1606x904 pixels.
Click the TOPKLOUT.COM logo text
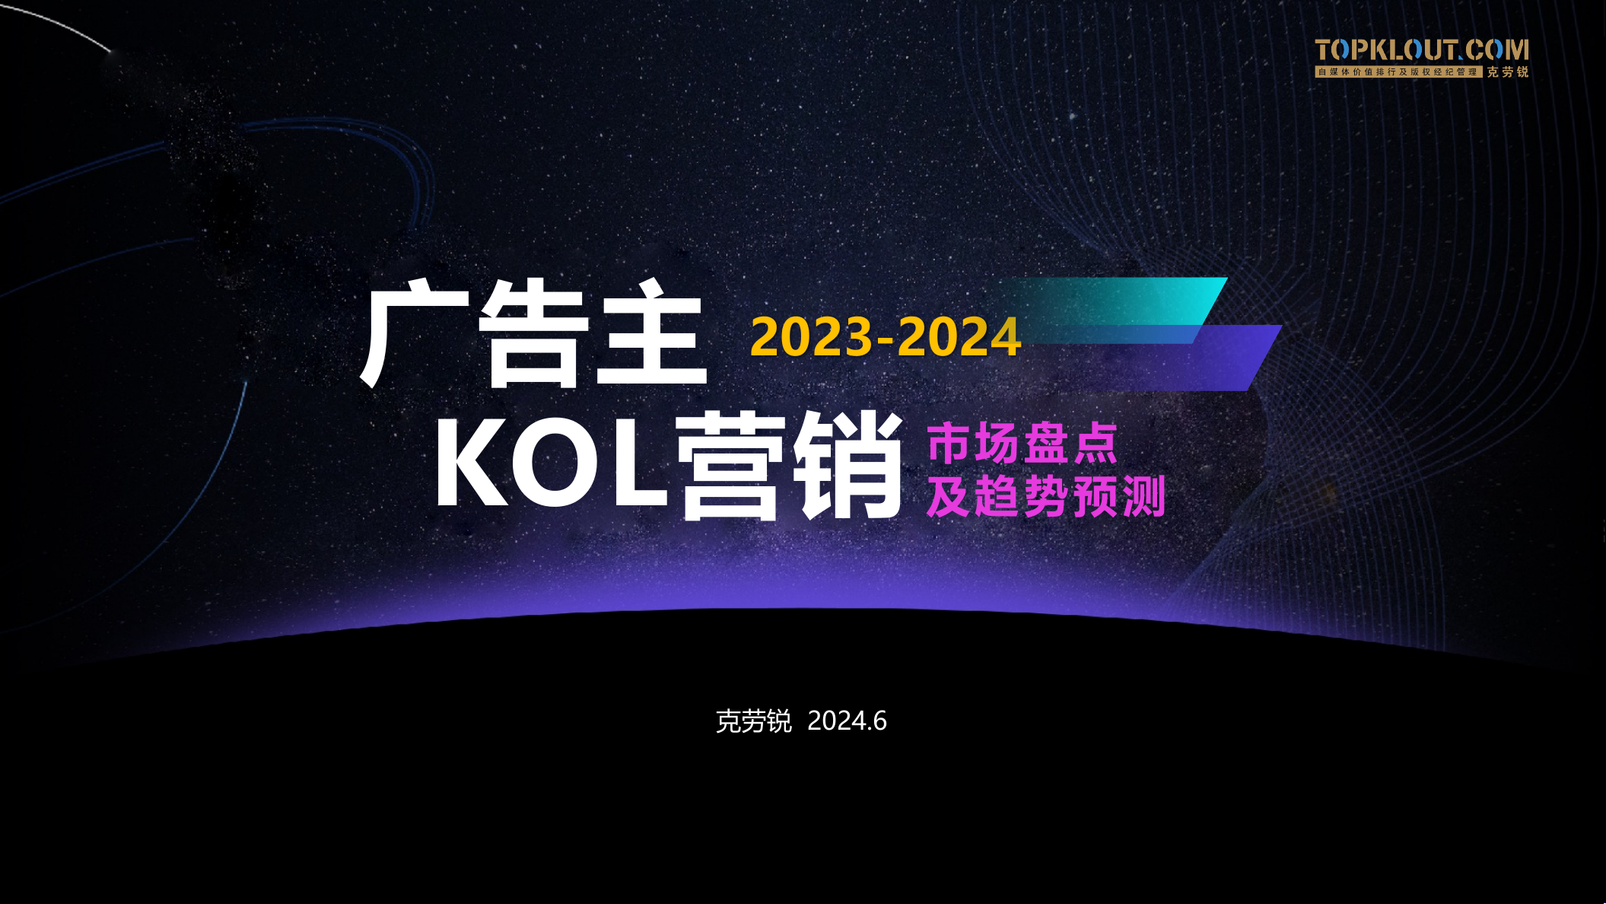(1421, 50)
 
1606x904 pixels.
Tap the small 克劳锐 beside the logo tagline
(1507, 72)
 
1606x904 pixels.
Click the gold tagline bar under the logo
(1398, 72)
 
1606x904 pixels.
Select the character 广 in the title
(415, 333)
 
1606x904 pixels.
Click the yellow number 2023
(811, 337)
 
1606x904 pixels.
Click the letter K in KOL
(469, 461)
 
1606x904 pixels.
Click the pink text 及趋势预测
(1046, 496)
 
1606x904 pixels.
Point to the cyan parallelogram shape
(1141, 301)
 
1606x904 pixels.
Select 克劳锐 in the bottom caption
(753, 721)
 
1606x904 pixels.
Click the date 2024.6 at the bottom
(847, 721)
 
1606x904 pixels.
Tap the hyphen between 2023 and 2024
(885, 339)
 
